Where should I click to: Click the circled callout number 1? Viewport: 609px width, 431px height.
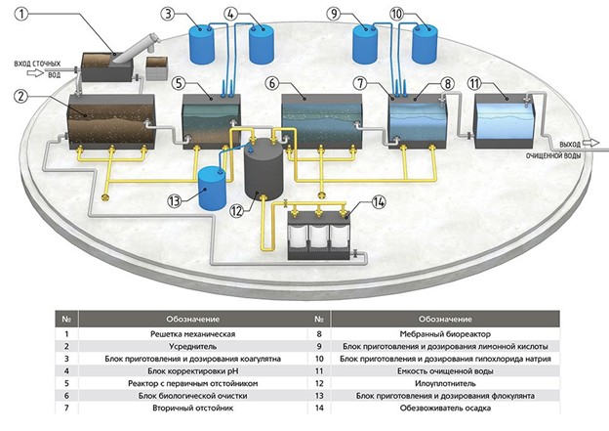[x=21, y=15]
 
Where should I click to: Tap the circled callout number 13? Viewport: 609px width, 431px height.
[x=175, y=200]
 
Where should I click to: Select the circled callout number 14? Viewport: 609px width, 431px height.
[x=379, y=202]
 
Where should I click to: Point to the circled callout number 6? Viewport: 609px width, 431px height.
[x=272, y=83]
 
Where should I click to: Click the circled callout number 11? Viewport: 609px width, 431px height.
[x=474, y=83]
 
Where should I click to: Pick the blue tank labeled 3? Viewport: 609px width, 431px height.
[x=202, y=44]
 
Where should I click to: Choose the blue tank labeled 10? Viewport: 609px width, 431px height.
[x=425, y=44]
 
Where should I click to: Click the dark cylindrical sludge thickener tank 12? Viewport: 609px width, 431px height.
[x=264, y=169]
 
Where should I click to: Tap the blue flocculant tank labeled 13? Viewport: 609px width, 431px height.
[x=212, y=188]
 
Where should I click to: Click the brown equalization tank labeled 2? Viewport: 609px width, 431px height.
[x=111, y=121]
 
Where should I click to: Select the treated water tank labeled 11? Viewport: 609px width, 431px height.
[x=505, y=121]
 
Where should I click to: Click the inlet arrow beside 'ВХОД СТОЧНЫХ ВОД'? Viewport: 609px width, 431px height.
[x=36, y=72]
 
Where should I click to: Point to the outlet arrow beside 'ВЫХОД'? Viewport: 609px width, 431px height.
[x=590, y=143]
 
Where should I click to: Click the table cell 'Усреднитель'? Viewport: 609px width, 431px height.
[x=192, y=346]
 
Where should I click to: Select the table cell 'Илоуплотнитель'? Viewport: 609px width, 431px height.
[x=445, y=383]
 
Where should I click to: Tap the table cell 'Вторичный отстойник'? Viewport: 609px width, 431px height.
[x=192, y=409]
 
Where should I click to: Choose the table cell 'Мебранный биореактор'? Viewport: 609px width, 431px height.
[x=445, y=333]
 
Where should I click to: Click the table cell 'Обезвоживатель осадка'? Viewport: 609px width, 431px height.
[x=445, y=409]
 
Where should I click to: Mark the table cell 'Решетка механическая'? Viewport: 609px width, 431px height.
[x=192, y=333]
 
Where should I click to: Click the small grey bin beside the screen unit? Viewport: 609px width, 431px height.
[x=156, y=68]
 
